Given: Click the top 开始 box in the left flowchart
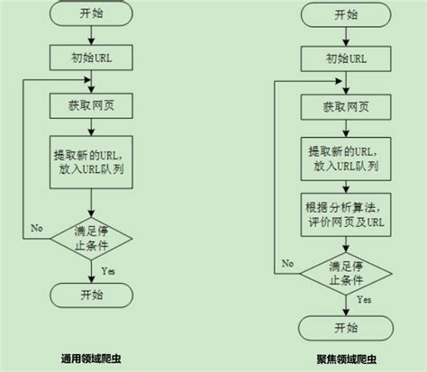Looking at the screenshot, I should click(x=92, y=14).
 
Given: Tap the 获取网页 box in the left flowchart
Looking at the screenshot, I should click(x=92, y=105).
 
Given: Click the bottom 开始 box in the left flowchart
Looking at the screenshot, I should click(x=92, y=295).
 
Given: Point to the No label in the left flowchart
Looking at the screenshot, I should click(x=37, y=228).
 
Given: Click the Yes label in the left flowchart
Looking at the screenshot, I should click(x=108, y=269).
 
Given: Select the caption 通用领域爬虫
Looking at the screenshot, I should click(x=92, y=358).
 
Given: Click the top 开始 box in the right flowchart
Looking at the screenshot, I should click(x=345, y=14).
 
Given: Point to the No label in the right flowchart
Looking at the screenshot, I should click(x=287, y=262).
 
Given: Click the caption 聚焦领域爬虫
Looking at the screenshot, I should click(x=345, y=358).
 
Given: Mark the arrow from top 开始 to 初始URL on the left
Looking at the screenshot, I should click(x=92, y=37).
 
